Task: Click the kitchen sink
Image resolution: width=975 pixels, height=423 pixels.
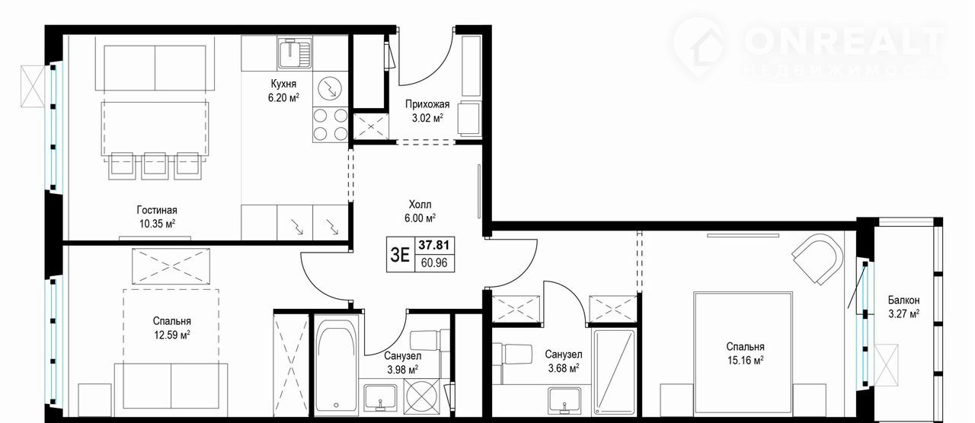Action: point(295,53)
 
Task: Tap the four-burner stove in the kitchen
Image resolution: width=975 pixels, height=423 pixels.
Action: point(330,125)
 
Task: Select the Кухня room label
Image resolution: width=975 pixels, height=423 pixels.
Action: point(283,84)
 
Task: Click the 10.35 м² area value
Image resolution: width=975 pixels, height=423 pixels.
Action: point(157,224)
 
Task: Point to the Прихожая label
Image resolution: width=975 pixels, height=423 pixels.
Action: point(427,104)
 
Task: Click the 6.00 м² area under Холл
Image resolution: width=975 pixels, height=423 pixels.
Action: point(420,218)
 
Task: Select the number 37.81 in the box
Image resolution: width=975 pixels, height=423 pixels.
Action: point(434,245)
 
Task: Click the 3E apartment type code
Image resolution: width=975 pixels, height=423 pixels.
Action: point(400,255)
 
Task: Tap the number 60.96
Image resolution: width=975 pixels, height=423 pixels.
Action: point(434,262)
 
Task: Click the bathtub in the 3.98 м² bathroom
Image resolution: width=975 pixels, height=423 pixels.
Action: point(336,367)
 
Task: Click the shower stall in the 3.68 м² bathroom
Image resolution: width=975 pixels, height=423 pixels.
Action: point(614,372)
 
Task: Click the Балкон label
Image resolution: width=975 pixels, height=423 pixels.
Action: point(904,300)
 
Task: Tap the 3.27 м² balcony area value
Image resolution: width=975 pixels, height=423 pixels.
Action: point(903,313)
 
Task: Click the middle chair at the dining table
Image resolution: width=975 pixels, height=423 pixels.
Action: point(154,166)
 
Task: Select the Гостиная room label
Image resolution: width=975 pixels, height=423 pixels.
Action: point(157,211)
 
